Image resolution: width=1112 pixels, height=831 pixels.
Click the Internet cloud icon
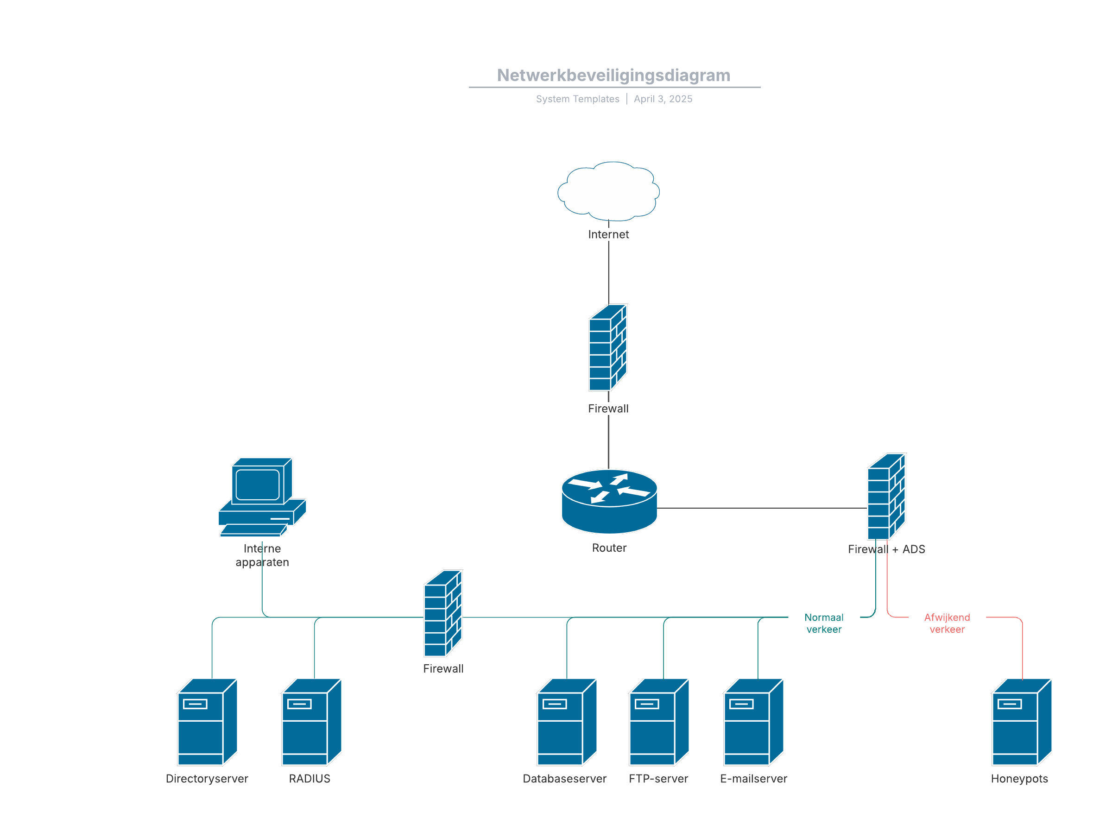point(608,191)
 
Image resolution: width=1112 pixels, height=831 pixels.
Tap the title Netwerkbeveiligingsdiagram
point(613,76)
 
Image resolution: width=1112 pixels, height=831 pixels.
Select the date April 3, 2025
point(663,99)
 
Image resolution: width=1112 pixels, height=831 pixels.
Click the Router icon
point(609,501)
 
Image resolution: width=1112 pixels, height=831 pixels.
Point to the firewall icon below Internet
point(608,347)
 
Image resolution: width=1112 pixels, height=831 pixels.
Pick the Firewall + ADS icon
point(886,497)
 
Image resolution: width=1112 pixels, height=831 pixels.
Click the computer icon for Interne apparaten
point(262,497)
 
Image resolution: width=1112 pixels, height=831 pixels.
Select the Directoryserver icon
point(207,721)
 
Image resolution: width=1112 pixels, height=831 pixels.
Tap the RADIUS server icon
point(311,721)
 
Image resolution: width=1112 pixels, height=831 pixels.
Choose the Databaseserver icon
point(567,721)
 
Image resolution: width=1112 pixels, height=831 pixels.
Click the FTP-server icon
point(658,721)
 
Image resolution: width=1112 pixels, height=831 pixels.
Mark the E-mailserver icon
point(753,721)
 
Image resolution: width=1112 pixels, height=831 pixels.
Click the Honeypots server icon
point(1022,721)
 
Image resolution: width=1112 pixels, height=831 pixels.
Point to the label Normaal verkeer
point(823,623)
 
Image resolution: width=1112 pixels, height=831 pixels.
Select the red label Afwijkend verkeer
point(947,623)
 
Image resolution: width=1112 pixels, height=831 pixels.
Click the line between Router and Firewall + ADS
point(762,508)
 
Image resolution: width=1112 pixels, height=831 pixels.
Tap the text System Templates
point(577,99)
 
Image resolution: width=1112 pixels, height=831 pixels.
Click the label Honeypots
point(1019,778)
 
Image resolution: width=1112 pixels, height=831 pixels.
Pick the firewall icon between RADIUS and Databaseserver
point(443,613)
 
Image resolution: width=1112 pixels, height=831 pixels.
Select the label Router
point(609,548)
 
